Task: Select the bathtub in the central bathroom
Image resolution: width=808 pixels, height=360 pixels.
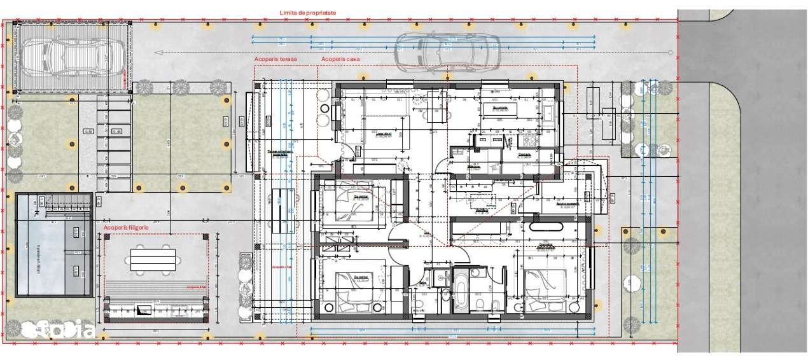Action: (x=460, y=291)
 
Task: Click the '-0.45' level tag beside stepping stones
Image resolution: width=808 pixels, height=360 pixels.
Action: (x=88, y=132)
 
